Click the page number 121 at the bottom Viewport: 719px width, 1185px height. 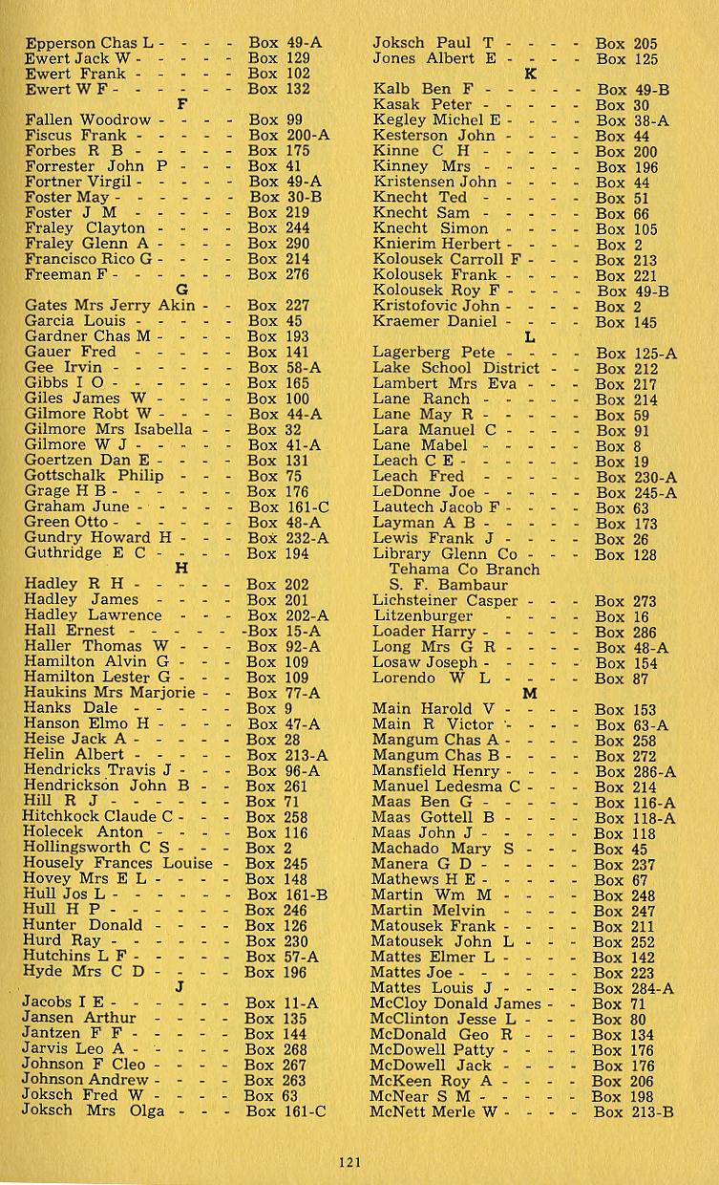click(349, 1162)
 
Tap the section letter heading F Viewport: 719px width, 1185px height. click(182, 104)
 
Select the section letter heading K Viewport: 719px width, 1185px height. click(531, 74)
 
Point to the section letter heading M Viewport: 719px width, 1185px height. click(530, 694)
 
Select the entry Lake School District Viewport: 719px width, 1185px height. click(455, 368)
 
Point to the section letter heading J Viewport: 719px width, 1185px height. click(180, 987)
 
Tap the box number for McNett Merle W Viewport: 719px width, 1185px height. click(633, 1111)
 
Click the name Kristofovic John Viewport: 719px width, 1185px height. click(435, 306)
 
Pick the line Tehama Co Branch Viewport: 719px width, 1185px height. click(464, 570)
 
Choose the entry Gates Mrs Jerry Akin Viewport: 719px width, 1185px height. click(109, 306)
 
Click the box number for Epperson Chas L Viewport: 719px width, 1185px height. click(285, 43)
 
